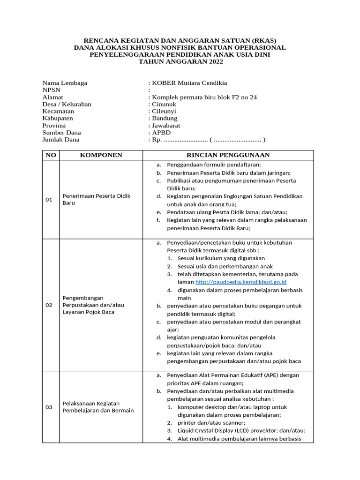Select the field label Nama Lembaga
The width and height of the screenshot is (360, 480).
65,83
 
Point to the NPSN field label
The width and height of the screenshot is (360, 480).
52,90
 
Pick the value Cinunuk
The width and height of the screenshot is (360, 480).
165,104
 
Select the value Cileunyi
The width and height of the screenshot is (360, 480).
165,111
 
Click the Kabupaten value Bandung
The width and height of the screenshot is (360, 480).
165,118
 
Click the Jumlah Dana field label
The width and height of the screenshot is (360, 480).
61,139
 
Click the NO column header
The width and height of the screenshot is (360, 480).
51,155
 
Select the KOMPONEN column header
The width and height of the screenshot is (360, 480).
101,155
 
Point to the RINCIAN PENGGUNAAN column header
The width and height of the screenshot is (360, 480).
228,155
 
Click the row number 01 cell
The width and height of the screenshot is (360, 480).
49,200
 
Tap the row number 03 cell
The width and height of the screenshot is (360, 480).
49,407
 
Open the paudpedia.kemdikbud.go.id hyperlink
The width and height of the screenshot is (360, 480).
240,282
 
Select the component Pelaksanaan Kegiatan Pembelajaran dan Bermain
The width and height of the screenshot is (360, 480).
98,407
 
